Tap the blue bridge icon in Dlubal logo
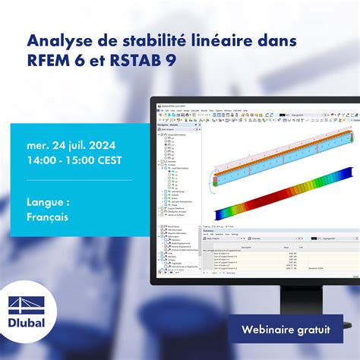point(27,313)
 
